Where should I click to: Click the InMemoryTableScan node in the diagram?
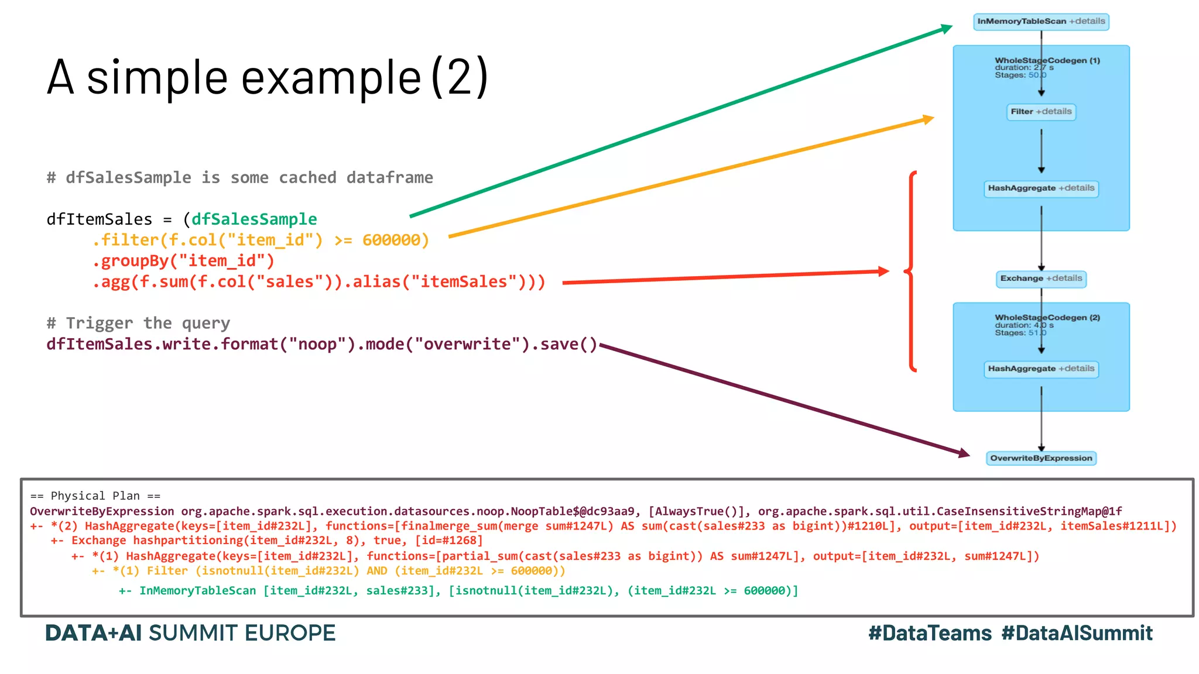[x=1041, y=22]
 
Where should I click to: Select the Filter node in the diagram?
[x=1041, y=112]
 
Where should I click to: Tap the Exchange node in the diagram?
[x=1041, y=278]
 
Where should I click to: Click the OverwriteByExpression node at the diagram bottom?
[x=1041, y=458]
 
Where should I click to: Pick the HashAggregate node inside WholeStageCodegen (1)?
[x=1041, y=188]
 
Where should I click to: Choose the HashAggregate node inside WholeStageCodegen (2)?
[x=1041, y=369]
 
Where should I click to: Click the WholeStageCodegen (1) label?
[x=1047, y=60]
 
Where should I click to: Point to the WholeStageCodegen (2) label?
[x=1047, y=318]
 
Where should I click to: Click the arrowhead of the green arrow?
[x=946, y=27]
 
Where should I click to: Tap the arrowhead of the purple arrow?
[x=964, y=453]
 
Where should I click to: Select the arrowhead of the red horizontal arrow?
[x=883, y=271]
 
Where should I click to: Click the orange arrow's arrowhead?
[x=927, y=119]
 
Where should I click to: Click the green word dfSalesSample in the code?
[x=254, y=219]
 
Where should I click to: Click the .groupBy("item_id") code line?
[x=183, y=261]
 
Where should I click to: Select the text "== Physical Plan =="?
[x=95, y=496]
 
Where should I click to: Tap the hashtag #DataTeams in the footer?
[x=930, y=633]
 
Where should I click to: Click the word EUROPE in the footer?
[x=290, y=633]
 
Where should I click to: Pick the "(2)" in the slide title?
[x=460, y=77]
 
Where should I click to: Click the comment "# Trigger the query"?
[x=138, y=323]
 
